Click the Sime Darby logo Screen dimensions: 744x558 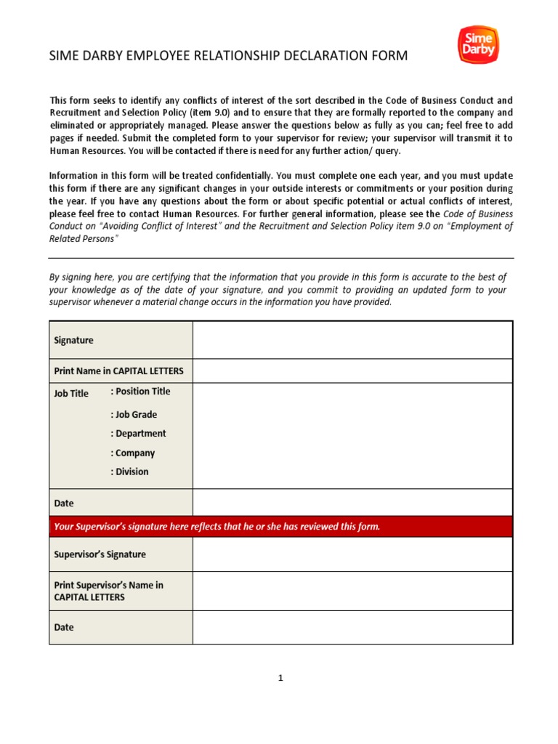click(477, 45)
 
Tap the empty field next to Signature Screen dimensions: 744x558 click(352, 340)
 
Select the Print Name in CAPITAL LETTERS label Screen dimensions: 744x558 click(119, 371)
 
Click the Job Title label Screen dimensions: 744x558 click(71, 394)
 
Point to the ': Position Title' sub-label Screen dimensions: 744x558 click(140, 391)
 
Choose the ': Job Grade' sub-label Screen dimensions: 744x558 click(134, 415)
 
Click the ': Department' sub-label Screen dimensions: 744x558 click(138, 434)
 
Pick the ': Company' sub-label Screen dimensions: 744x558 click(133, 453)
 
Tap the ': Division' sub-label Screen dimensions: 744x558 click(129, 472)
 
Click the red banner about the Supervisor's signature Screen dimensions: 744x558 click(280, 527)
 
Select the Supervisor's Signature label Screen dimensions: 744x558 click(100, 554)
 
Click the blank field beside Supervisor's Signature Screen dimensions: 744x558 click(352, 554)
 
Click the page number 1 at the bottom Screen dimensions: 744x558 click(280, 678)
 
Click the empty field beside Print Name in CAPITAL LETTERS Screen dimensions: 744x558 click(352, 371)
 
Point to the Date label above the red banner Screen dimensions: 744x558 click(64, 503)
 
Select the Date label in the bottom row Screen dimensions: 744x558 click(64, 627)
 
